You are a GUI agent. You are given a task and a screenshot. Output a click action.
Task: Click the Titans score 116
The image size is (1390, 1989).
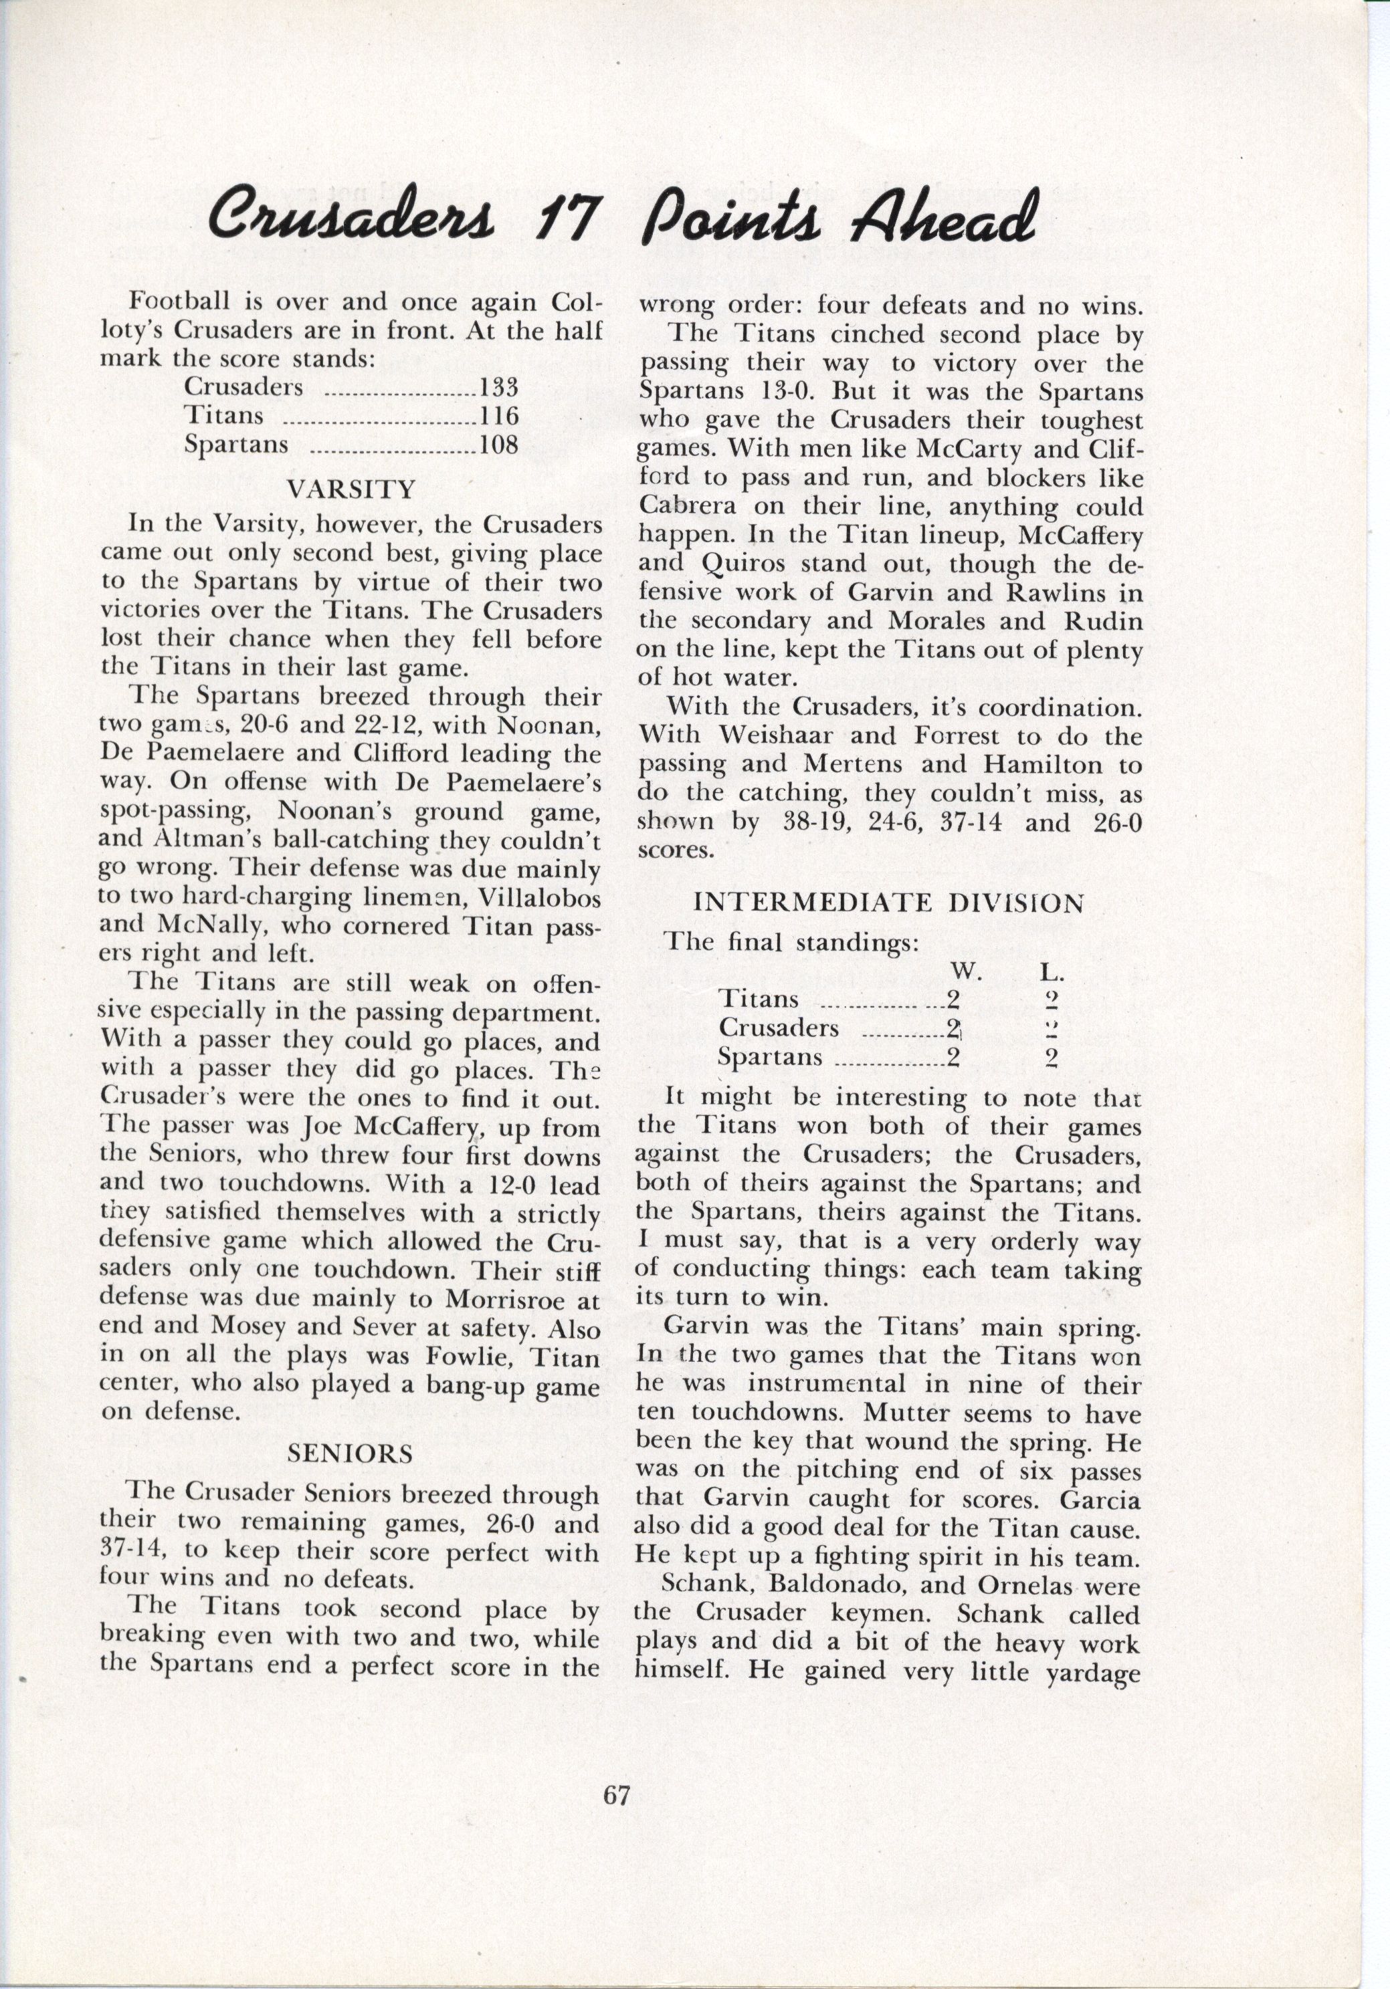point(499,416)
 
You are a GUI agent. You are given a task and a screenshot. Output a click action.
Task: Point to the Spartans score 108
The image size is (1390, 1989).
point(499,445)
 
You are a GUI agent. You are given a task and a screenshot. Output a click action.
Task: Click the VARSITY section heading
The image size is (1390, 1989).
point(351,489)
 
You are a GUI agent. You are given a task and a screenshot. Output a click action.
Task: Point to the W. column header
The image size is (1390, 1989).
point(965,972)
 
